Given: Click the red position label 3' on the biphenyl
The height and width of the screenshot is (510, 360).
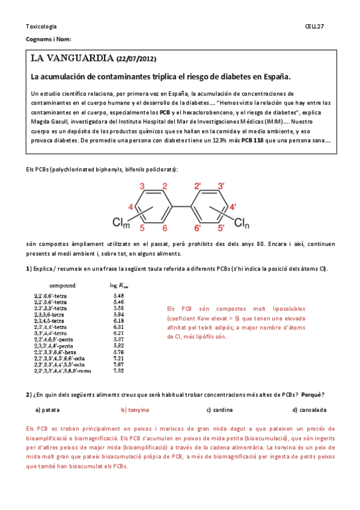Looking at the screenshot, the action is [221, 186].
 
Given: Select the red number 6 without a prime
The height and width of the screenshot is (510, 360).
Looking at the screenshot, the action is [165, 229].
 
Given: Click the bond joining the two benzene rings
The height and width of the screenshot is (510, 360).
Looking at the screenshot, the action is [182, 207].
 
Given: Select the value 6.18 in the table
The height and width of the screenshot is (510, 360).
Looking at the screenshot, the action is [118, 321].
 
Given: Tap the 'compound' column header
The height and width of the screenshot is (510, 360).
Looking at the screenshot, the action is [62, 284].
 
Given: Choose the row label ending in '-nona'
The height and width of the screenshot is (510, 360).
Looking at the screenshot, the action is [66, 370].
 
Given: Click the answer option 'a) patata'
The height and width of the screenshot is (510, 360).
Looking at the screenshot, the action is [47, 410].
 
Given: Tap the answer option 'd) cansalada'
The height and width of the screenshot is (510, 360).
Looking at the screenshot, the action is [309, 410].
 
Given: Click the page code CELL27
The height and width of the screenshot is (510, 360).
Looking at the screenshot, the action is [314, 26].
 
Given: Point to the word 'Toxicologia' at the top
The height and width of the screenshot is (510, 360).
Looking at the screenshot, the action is [41, 26].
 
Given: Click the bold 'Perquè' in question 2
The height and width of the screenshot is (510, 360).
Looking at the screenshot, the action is [312, 395].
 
